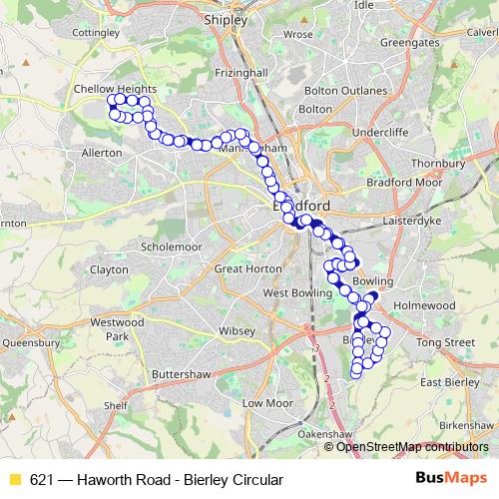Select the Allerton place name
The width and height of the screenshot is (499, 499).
click(102, 153)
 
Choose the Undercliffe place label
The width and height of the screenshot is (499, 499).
click(379, 131)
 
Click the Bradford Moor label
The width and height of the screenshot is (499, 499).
click(404, 183)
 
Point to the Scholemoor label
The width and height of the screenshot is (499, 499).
click(172, 246)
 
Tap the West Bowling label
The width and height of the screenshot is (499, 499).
click(295, 293)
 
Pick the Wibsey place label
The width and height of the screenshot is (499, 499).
click(238, 328)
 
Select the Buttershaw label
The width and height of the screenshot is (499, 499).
click(180, 374)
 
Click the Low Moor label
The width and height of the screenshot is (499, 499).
click(267, 403)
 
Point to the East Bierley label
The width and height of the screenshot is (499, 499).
click(450, 382)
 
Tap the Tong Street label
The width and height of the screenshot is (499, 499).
click(446, 342)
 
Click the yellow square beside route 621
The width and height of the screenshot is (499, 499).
click(14, 480)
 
